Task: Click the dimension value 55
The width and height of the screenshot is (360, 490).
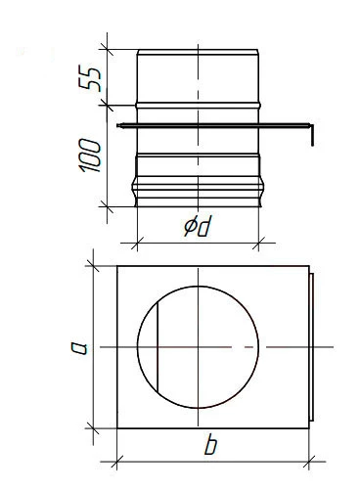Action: [x=90, y=78]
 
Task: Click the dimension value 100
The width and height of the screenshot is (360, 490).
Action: [x=90, y=156]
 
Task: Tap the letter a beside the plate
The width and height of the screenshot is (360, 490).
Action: [x=80, y=347]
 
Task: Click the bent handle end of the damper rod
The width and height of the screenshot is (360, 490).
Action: [x=312, y=135]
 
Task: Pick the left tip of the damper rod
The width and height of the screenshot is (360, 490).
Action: [x=118, y=125]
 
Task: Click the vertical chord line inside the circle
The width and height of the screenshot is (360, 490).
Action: [x=157, y=347]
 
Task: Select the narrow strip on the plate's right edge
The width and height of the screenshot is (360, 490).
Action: [x=312, y=347]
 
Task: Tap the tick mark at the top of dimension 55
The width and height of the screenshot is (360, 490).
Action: [x=107, y=49]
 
